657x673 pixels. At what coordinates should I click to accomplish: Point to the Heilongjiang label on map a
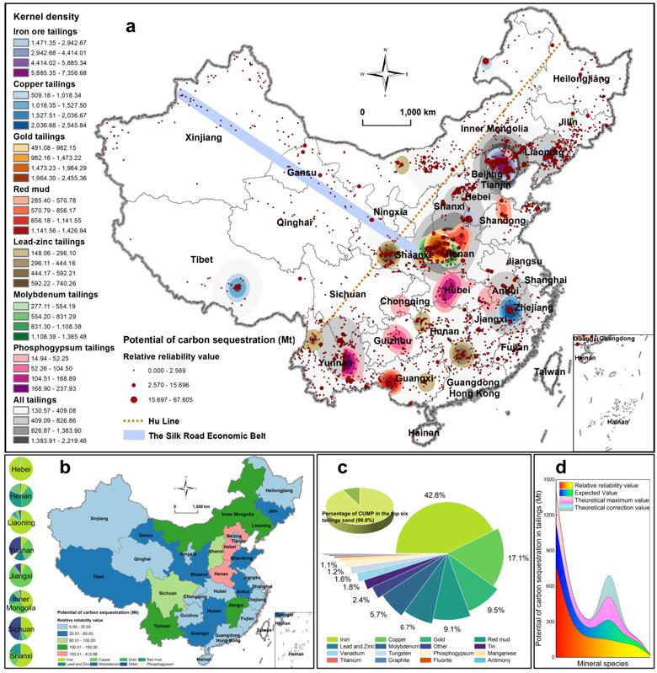point(581,78)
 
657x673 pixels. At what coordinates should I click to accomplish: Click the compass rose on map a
point(385,73)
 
